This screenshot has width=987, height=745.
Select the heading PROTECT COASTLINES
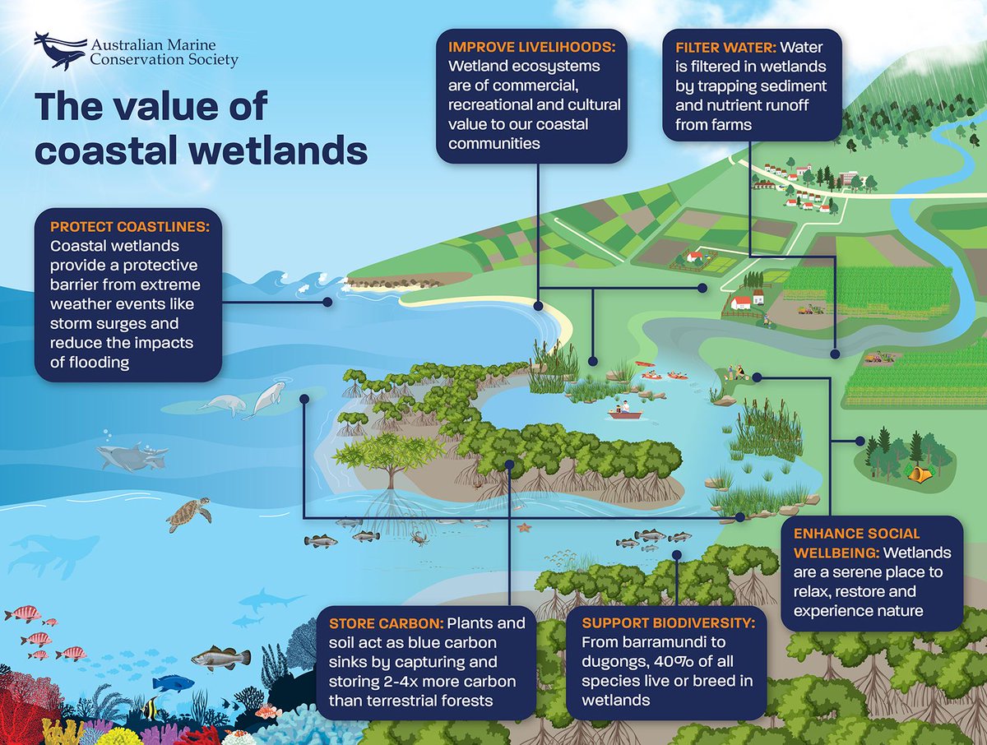point(130,226)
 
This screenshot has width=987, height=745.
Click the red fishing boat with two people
point(626,411)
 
